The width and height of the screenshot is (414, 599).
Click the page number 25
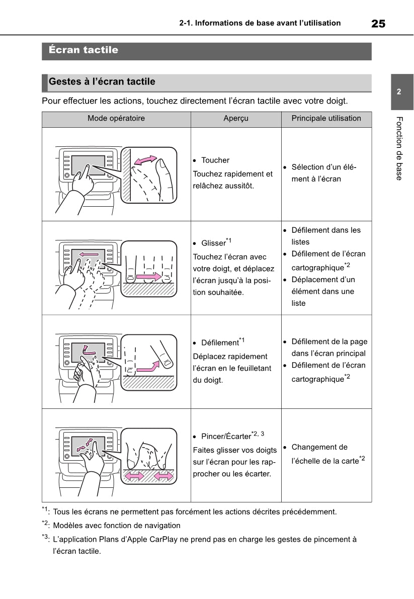[x=378, y=24]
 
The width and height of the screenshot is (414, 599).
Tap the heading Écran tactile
[x=84, y=50]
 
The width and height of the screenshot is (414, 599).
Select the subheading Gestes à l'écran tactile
[x=102, y=82]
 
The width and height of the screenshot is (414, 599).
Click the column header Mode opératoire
[x=116, y=119]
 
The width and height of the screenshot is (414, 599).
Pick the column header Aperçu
[x=236, y=119]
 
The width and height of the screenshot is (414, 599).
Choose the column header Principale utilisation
[x=326, y=119]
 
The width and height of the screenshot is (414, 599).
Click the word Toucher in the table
[x=215, y=160]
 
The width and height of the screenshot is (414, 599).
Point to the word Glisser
[x=213, y=243]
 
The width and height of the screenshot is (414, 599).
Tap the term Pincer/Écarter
[x=226, y=437]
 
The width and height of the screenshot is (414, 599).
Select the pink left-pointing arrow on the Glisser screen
[x=89, y=254]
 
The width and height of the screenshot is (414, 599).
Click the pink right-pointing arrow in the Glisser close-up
[x=149, y=277]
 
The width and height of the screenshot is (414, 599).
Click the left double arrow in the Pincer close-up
[x=134, y=476]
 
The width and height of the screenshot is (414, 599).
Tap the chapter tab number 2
[x=398, y=92]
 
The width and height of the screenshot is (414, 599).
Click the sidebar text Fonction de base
[x=399, y=148]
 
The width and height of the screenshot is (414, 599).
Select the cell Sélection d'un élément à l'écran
[x=324, y=173]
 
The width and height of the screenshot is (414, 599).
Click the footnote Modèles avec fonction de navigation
[x=116, y=526]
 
